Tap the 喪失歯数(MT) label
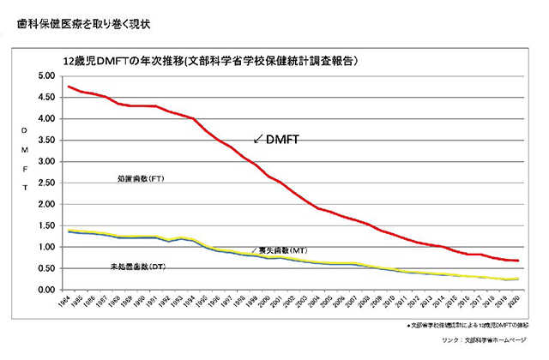point(282,250)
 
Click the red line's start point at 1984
point(69,87)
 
